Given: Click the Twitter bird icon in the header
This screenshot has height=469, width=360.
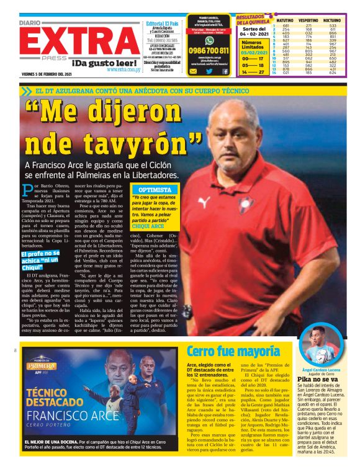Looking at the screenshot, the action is coord(209,71).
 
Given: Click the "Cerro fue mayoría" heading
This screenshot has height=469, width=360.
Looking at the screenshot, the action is coord(233,352).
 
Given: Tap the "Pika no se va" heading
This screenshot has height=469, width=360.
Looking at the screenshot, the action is coord(317,378).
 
